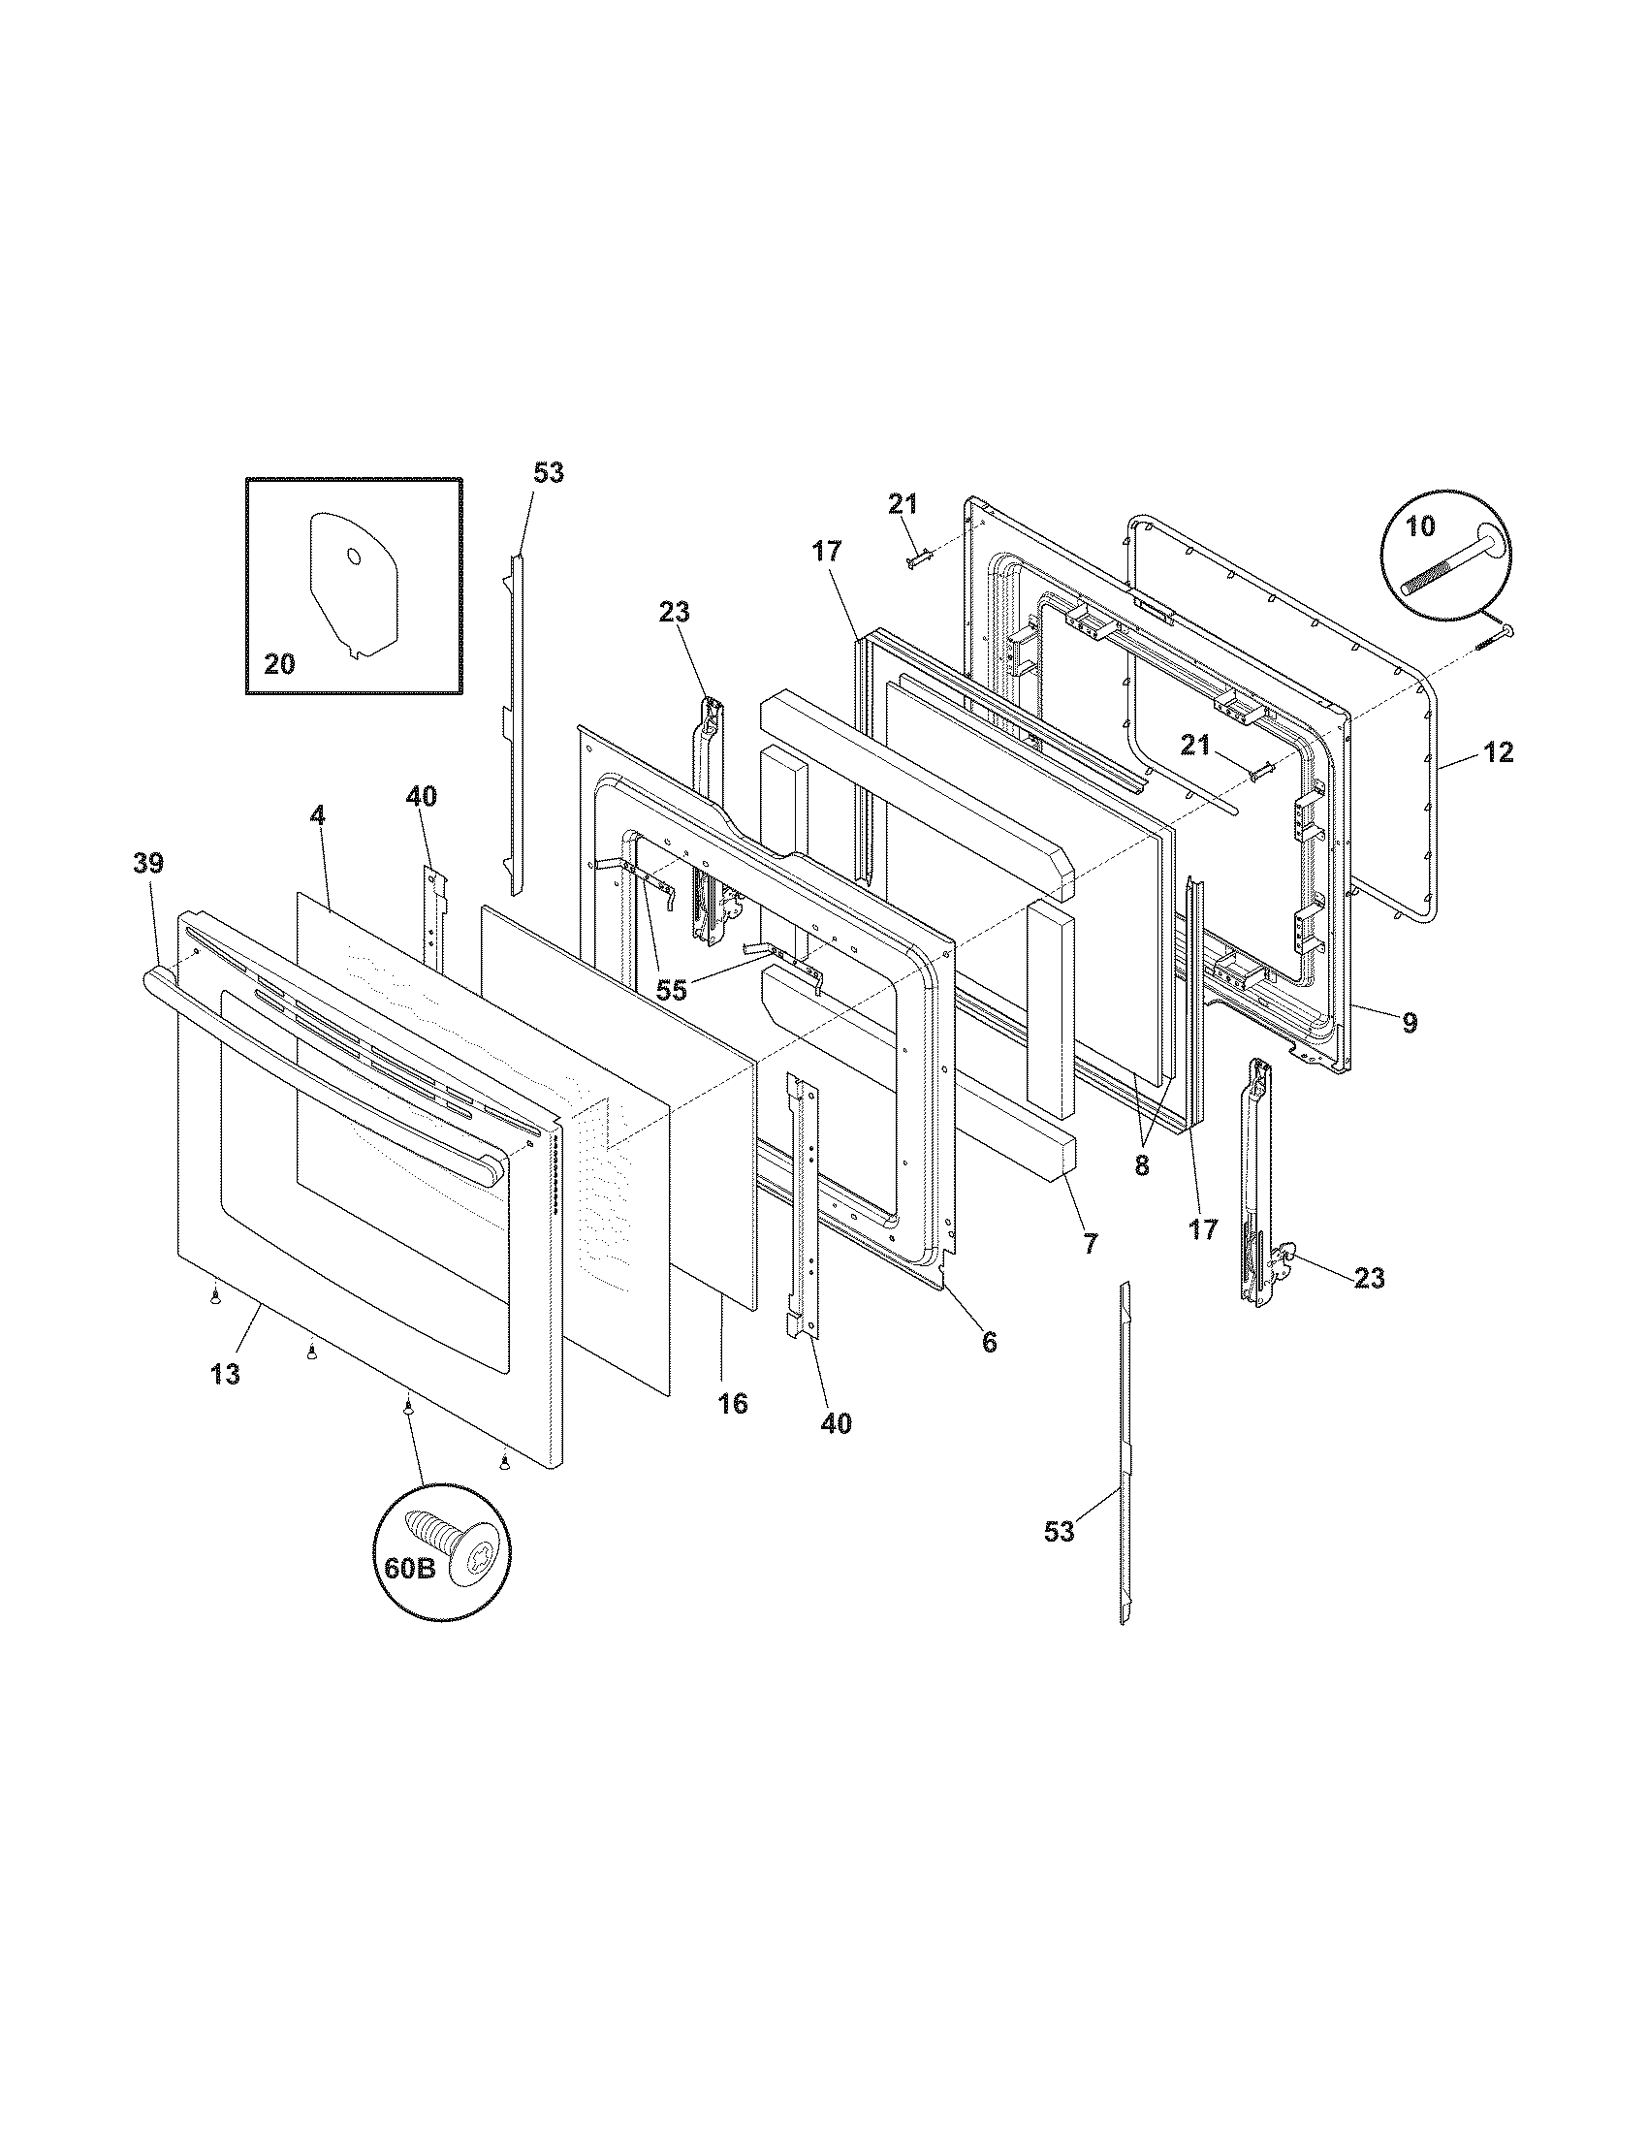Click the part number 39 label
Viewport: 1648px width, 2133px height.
(149, 863)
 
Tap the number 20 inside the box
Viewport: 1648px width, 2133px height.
(279, 664)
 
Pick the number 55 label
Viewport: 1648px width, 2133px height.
(671, 990)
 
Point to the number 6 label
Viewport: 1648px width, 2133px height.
(989, 1343)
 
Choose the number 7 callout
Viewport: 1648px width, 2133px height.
(1091, 1243)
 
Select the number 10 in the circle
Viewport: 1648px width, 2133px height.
(1420, 526)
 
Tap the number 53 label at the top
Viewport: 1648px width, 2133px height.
(549, 473)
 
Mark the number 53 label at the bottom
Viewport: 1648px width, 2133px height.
(1060, 1531)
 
